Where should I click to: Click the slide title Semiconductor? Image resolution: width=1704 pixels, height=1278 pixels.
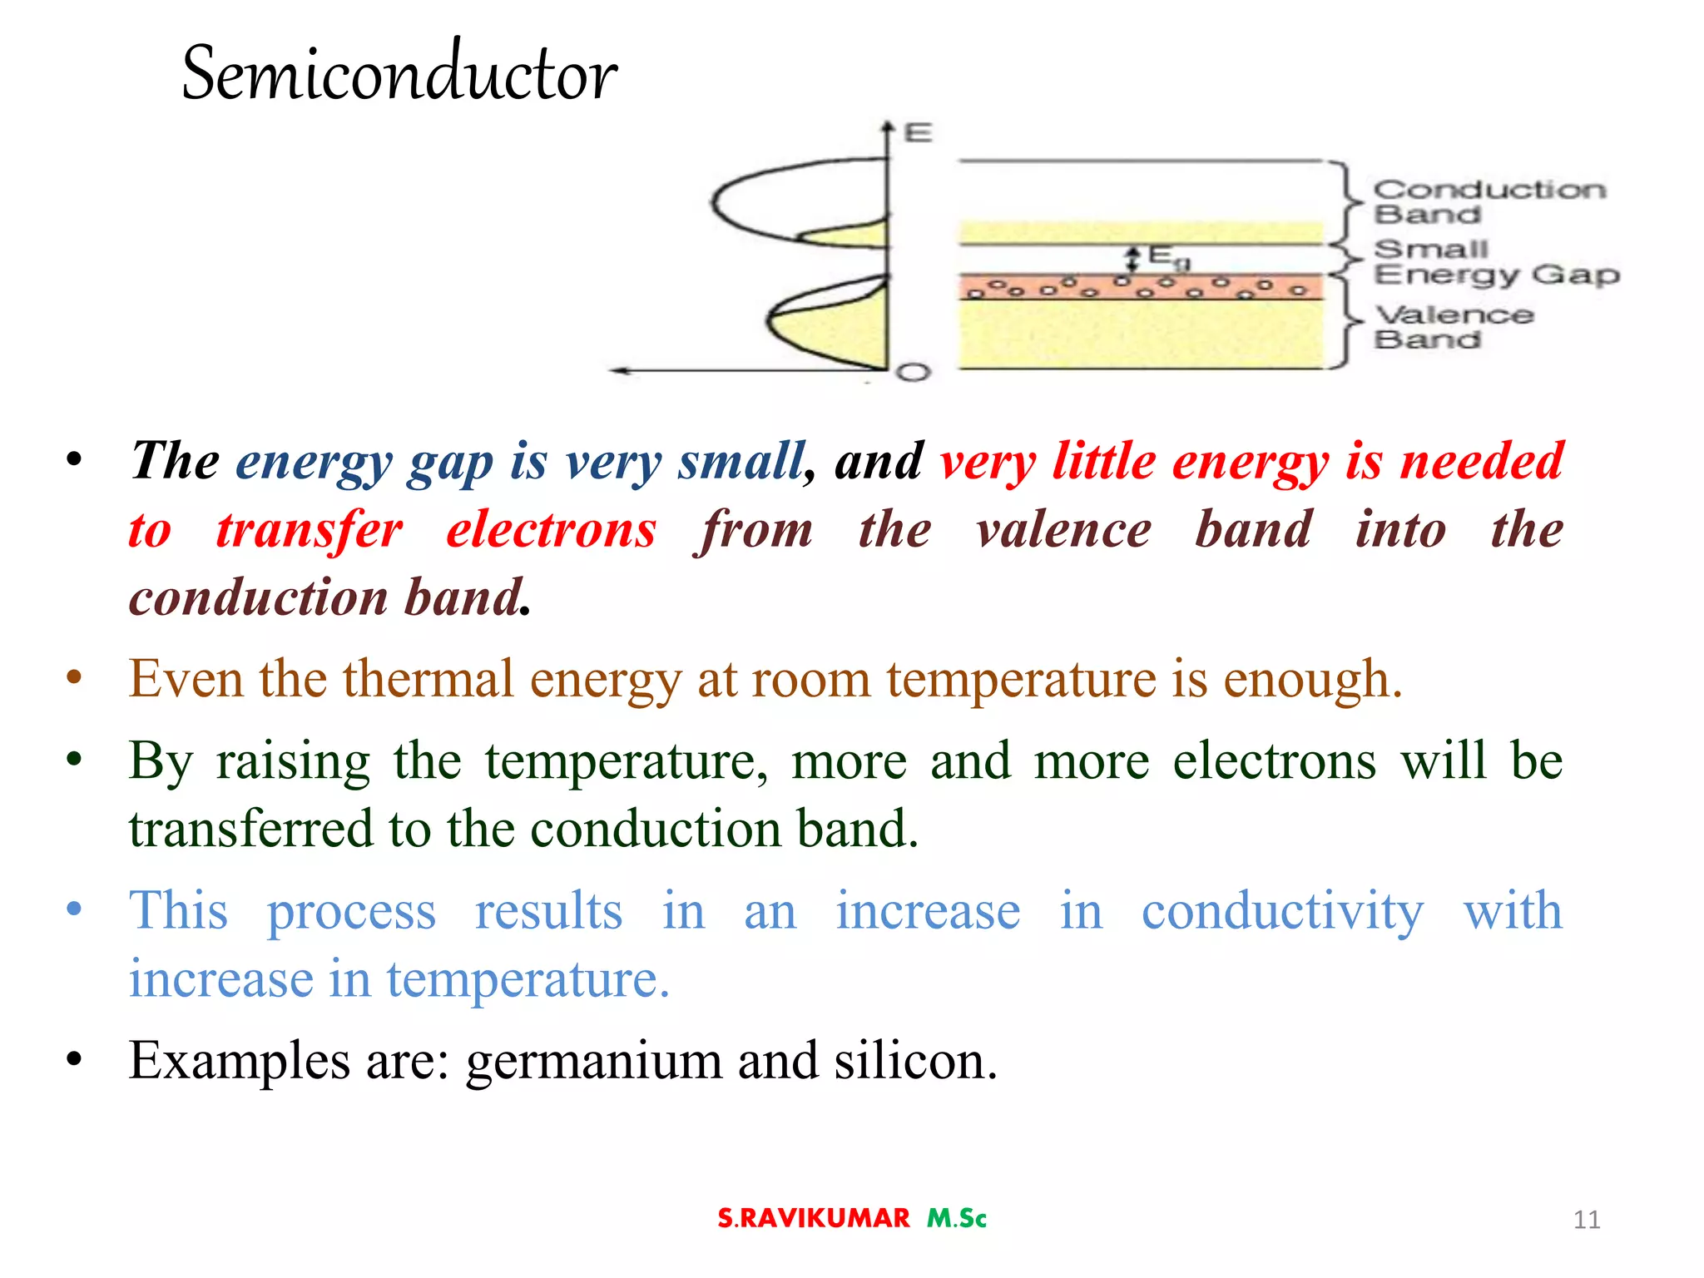[399, 73]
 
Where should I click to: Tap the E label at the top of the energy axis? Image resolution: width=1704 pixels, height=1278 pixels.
[918, 133]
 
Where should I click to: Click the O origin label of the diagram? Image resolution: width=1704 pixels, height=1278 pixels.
[913, 372]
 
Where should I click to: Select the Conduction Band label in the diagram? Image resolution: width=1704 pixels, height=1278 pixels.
[1488, 201]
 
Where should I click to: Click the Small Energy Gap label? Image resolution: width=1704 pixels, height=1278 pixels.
[1495, 261]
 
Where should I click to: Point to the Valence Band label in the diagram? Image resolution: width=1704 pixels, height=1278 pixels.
[1453, 326]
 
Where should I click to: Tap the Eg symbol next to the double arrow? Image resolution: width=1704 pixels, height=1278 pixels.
[1167, 256]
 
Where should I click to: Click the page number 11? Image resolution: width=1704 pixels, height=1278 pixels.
[1587, 1220]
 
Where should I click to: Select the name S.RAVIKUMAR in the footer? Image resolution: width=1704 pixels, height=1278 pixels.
[814, 1218]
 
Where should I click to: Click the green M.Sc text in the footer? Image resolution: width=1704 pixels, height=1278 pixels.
[957, 1218]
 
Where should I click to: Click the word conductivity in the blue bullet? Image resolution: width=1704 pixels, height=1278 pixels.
[1282, 911]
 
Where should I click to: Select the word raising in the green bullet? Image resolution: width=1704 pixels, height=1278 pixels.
[293, 761]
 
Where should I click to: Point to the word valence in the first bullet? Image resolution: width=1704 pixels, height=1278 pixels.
[1064, 530]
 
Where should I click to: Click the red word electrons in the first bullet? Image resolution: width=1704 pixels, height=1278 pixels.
[551, 530]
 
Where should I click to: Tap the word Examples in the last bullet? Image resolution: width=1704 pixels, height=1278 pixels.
[240, 1062]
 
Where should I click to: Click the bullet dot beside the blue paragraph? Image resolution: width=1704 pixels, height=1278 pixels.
[75, 909]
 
